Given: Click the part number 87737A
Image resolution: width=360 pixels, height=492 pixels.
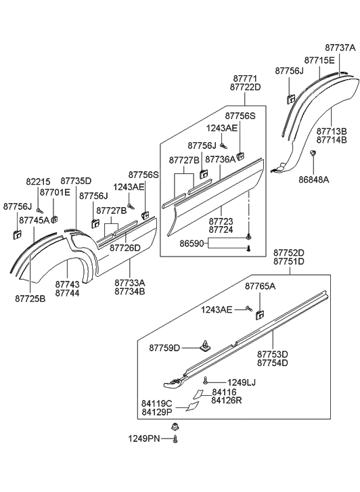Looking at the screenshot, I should point(340,48).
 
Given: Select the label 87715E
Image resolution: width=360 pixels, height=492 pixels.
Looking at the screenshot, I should point(319,60).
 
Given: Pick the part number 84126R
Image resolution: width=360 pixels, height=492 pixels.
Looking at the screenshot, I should point(226,400).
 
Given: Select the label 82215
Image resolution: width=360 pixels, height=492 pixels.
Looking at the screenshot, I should point(37,181).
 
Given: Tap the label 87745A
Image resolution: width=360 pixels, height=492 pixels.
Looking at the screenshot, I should point(34,220).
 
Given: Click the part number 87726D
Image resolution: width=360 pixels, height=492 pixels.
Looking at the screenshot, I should point(125,248).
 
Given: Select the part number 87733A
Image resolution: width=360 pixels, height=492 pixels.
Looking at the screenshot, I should point(129,283).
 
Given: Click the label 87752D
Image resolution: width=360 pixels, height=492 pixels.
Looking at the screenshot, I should point(289,252).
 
